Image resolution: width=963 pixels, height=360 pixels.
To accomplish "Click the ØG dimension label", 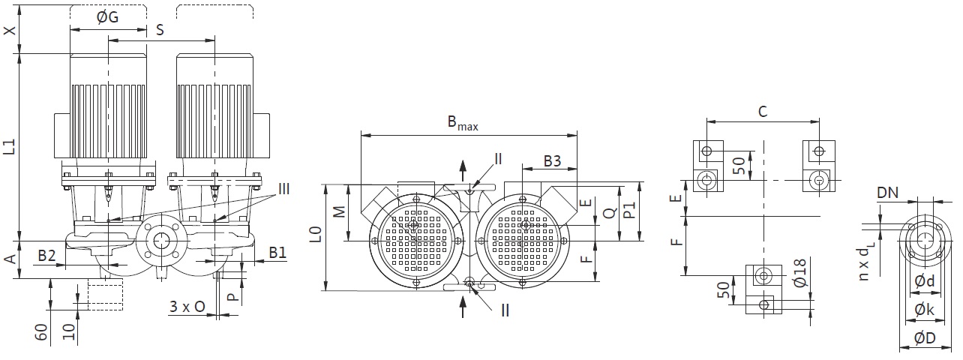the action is tap(107, 17).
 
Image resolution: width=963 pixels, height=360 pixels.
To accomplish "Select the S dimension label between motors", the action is tap(160, 30).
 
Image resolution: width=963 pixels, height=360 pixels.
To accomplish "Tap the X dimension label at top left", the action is tap(10, 31).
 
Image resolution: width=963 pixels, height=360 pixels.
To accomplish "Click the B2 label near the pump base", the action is tap(46, 256).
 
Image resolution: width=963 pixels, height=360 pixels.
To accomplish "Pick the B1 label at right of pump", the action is tap(277, 253).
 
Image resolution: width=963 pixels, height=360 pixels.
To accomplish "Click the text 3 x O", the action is tap(187, 307).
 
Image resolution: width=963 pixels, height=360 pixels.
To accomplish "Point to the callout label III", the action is tap(284, 189).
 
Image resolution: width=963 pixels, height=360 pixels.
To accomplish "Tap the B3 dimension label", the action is tap(553, 160).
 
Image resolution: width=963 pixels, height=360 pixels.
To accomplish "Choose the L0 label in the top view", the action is tap(316, 235).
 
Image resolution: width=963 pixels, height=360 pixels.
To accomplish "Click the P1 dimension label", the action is tap(629, 210).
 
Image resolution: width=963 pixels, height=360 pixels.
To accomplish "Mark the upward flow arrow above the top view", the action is tap(463, 171).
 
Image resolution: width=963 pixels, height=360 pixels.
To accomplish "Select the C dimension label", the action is tap(763, 112).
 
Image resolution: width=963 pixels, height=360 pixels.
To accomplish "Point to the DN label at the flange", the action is tap(887, 193).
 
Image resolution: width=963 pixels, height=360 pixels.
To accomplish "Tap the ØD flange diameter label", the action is tap(925, 338).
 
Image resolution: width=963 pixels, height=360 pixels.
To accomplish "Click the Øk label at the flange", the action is tap(924, 309).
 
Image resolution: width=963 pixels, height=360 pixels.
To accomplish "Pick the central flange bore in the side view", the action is tap(162, 241).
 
